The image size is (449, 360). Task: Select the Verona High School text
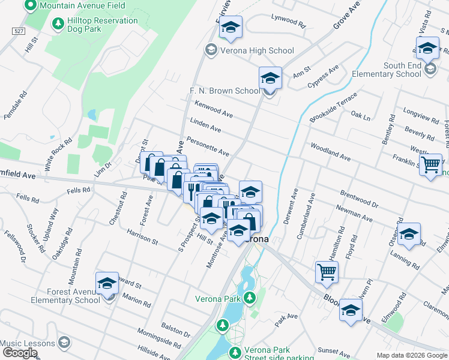coord(257,50)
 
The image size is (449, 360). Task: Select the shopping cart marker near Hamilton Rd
coord(327,272)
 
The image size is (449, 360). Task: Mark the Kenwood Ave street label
coord(214,109)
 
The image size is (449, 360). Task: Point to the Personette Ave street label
coord(208,146)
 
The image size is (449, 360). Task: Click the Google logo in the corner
coord(20,353)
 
